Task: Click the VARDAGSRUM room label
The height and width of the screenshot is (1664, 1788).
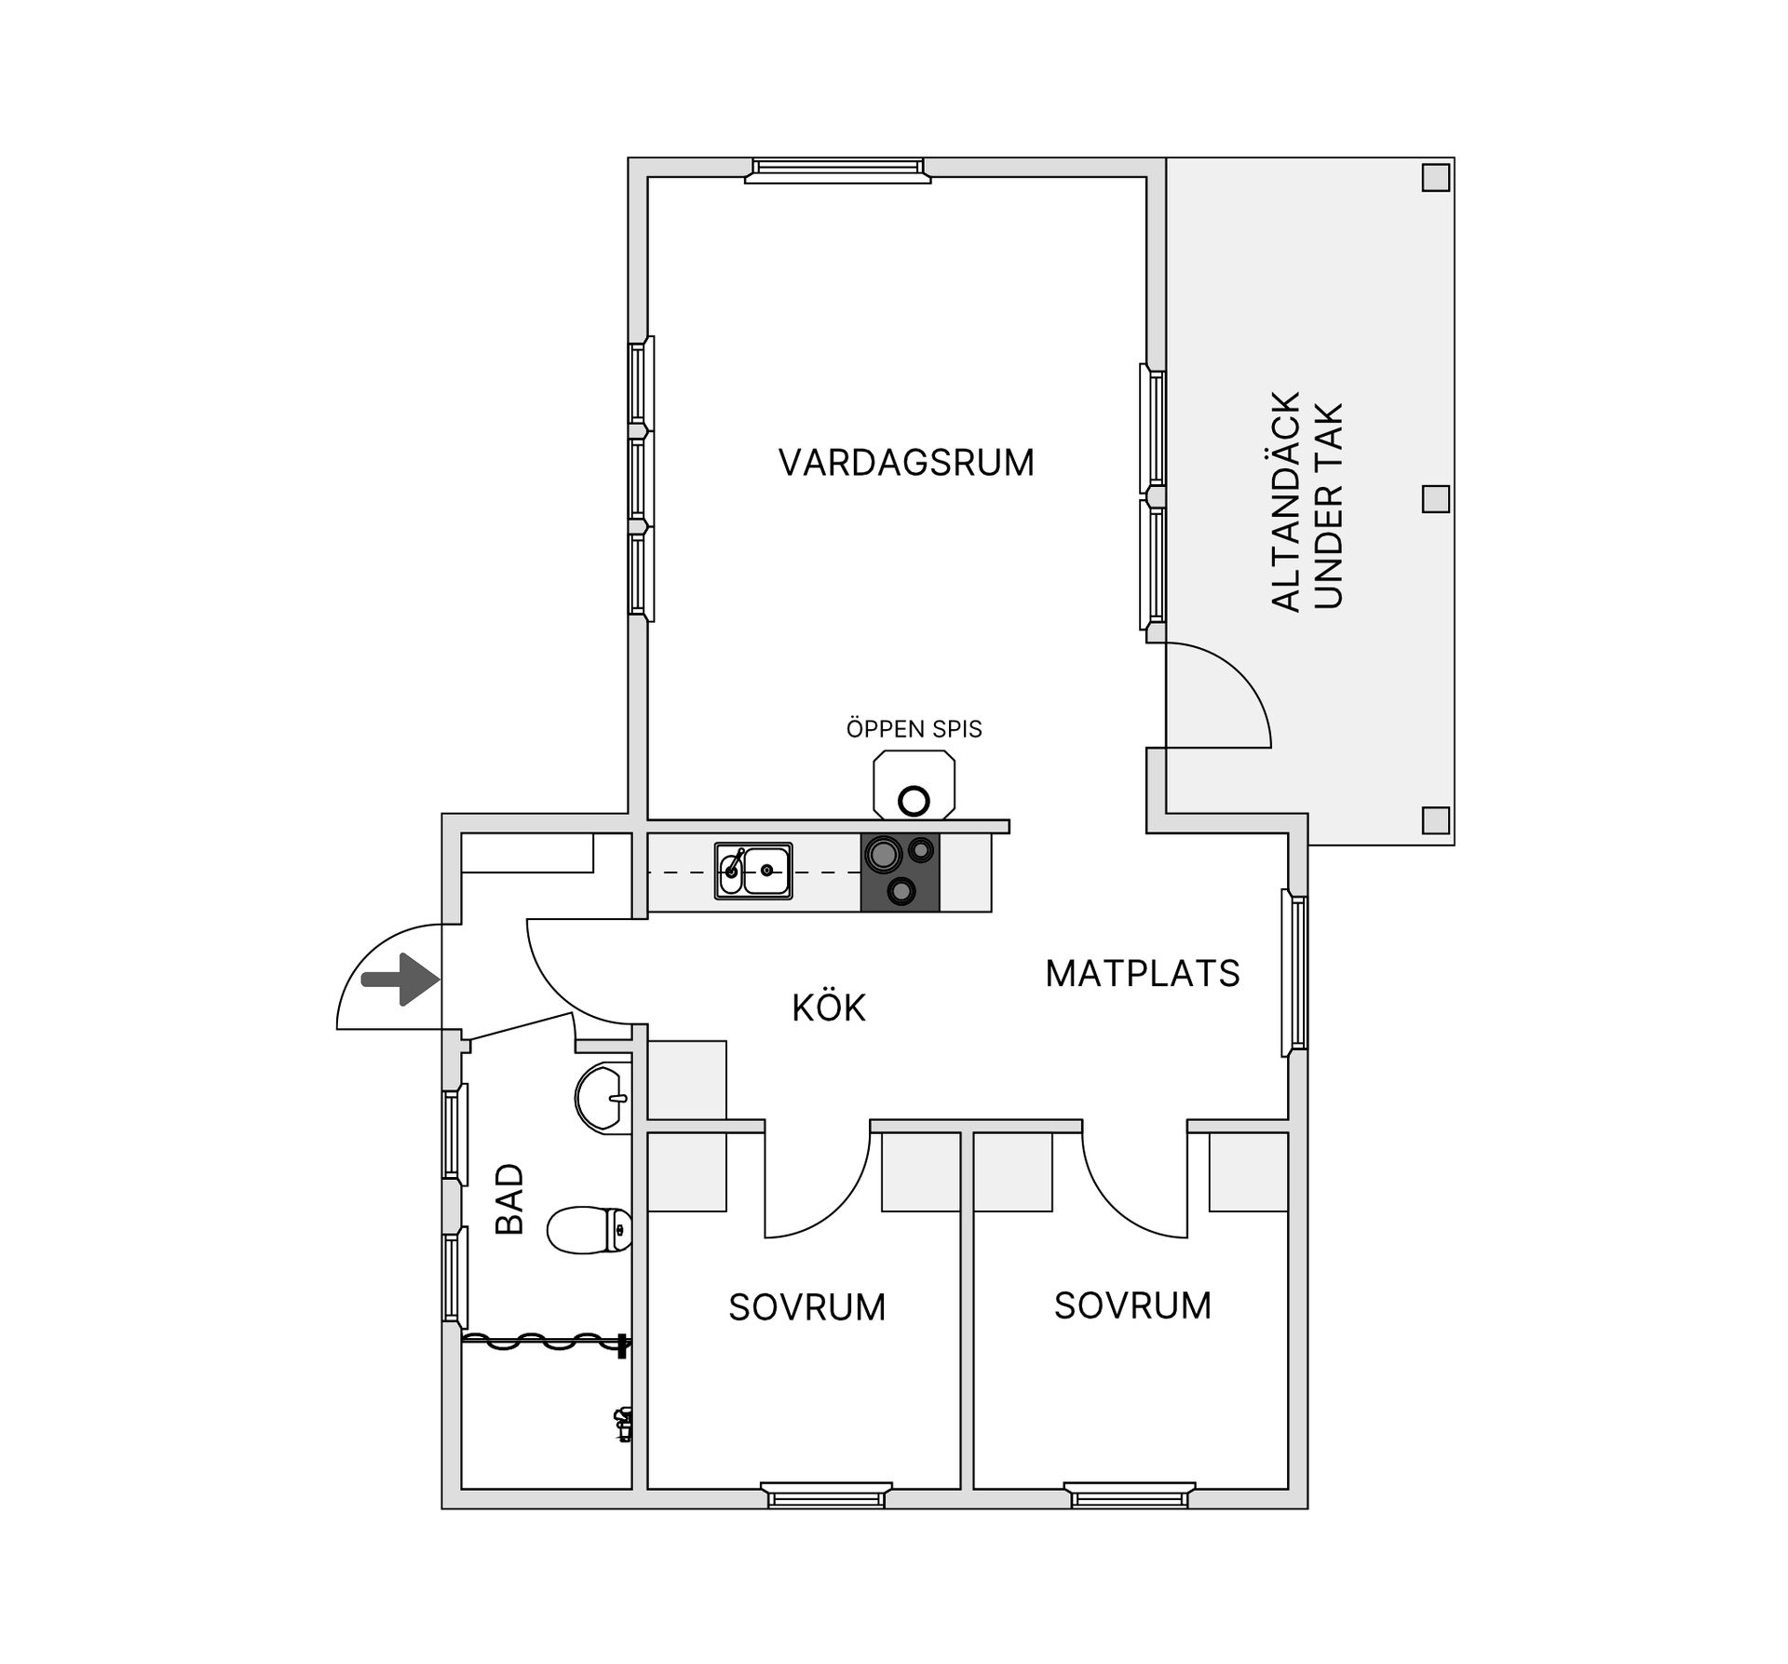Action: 906,462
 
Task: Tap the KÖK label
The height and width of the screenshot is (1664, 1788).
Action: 829,1007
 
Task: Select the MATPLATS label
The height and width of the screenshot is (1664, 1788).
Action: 1143,973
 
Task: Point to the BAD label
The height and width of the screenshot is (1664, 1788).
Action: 510,1199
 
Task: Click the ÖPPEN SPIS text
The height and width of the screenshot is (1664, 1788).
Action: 914,728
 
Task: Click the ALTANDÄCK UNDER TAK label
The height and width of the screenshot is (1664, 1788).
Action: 1307,502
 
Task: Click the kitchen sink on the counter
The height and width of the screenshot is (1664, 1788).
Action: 753,871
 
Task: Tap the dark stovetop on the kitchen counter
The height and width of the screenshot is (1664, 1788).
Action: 900,872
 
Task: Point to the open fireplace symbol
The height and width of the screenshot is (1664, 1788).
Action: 914,786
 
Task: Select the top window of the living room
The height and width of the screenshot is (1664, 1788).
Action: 837,169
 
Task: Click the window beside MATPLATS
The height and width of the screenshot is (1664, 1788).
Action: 1295,972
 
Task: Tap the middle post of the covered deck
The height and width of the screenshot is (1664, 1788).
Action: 1436,499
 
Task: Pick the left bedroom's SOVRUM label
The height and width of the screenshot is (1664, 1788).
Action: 806,1307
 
